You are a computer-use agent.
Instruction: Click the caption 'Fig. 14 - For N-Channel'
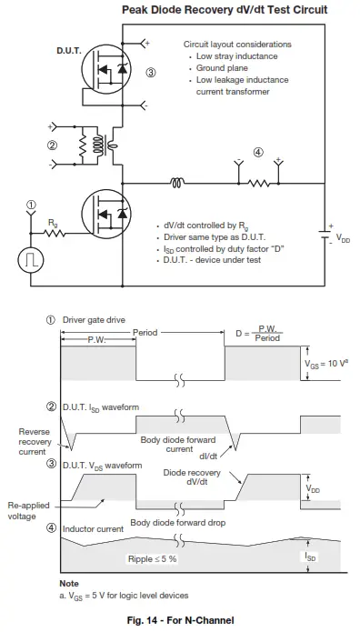[x=180, y=619]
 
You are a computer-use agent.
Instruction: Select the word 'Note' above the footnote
[x=69, y=582]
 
